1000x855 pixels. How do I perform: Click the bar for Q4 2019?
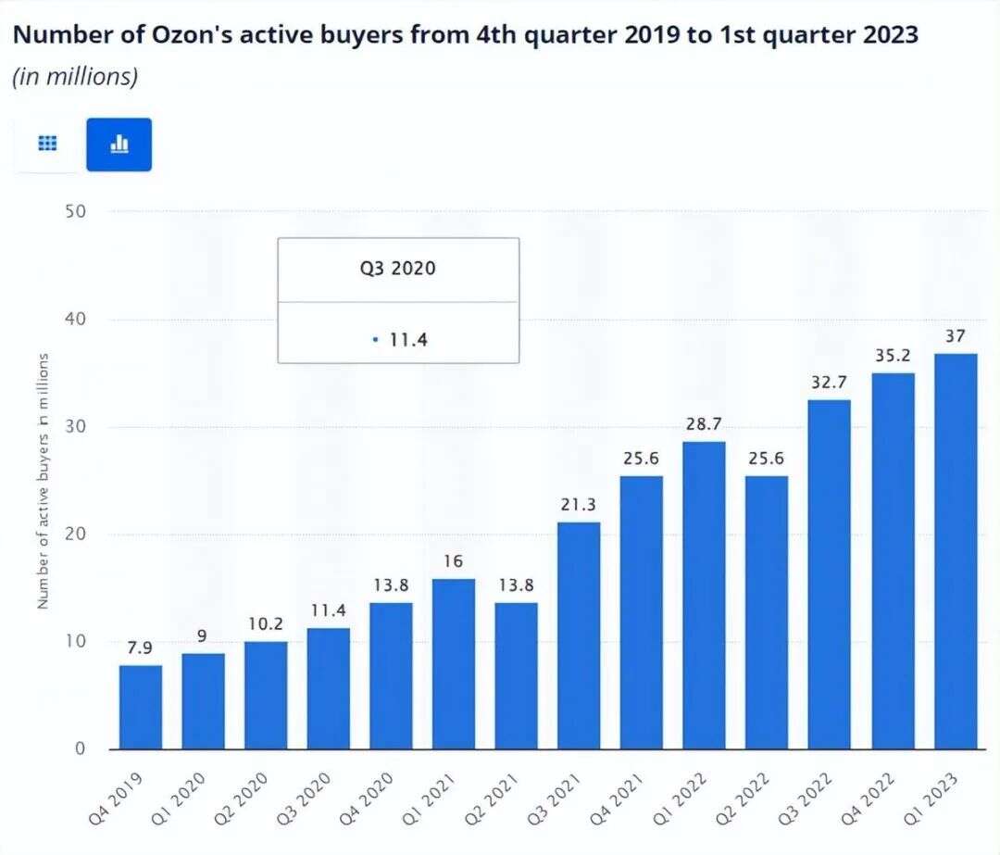click(141, 707)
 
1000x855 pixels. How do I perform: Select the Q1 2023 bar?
click(956, 551)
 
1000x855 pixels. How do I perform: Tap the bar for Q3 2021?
click(579, 635)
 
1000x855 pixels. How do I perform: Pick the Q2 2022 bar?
click(767, 612)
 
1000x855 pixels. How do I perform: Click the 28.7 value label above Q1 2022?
click(704, 424)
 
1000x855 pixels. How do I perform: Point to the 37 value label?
click(956, 336)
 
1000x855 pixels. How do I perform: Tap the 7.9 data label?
click(141, 648)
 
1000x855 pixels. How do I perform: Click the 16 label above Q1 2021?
click(454, 561)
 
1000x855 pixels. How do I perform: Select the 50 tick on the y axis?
click(75, 211)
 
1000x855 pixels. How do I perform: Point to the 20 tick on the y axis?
click(75, 534)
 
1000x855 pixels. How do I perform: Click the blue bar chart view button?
click(119, 145)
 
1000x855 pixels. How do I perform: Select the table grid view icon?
click(47, 145)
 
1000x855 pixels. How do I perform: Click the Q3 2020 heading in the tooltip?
click(398, 270)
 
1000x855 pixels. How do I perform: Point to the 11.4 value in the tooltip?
click(407, 340)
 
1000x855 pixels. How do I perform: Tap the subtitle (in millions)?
click(75, 77)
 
